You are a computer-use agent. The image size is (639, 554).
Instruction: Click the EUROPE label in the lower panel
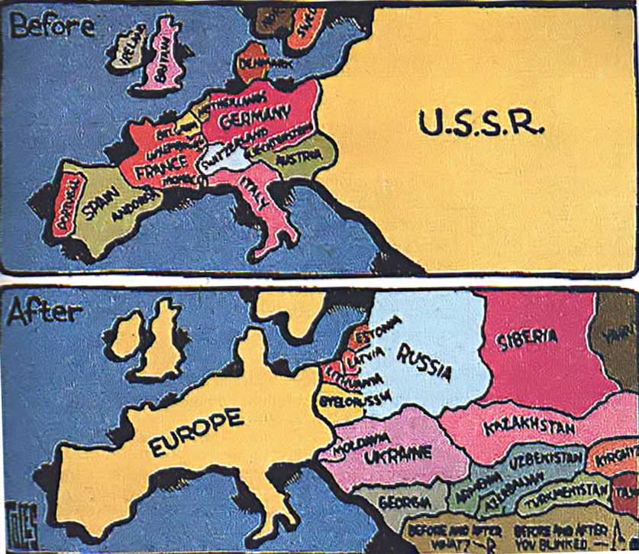tap(197, 435)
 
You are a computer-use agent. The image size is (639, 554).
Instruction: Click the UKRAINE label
tap(398, 456)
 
